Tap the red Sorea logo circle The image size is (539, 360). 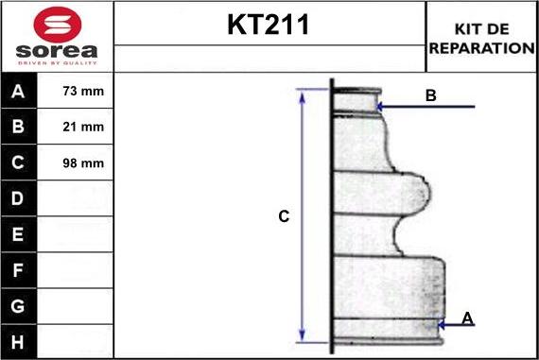pyautogui.click(x=56, y=23)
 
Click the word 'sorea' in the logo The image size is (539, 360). pyautogui.click(x=57, y=50)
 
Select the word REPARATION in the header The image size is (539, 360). pyautogui.click(x=481, y=46)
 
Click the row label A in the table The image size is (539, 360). pyautogui.click(x=18, y=92)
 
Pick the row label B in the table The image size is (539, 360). pyautogui.click(x=18, y=127)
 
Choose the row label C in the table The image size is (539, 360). pyautogui.click(x=18, y=163)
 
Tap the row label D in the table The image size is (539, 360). pyautogui.click(x=18, y=198)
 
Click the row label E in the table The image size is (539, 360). pyautogui.click(x=18, y=233)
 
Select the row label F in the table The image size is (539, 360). pyautogui.click(x=18, y=269)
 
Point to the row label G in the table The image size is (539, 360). pyautogui.click(x=18, y=305)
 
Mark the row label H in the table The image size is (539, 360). pyautogui.click(x=18, y=340)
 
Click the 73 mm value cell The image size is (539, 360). pyautogui.click(x=82, y=92)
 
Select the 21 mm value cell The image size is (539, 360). pyautogui.click(x=82, y=127)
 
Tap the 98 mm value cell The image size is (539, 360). pyautogui.click(x=82, y=163)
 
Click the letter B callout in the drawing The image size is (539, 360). pyautogui.click(x=430, y=95)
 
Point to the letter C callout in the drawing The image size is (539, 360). pyautogui.click(x=283, y=216)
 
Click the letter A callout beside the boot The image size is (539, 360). pyautogui.click(x=467, y=318)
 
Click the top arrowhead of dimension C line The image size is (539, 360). pyautogui.click(x=303, y=94)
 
